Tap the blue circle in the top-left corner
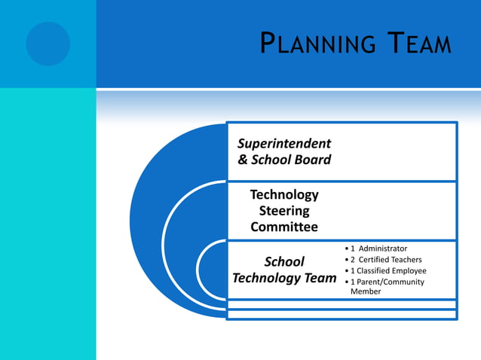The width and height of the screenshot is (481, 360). tap(47, 43)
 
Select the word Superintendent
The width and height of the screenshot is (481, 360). tap(284, 143)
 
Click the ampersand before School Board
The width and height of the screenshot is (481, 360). tap(243, 160)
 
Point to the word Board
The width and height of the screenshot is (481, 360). tap(312, 160)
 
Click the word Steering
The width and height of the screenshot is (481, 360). tap(284, 211)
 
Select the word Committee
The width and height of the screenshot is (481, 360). tap(284, 227)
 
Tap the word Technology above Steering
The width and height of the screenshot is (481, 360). tap(284, 195)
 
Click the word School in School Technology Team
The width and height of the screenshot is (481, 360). tap(284, 262)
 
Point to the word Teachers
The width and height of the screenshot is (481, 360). tap(406, 260)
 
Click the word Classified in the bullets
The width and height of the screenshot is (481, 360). tap(375, 271)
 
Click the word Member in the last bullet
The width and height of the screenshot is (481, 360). tap(366, 291)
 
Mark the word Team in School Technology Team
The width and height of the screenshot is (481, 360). tap(320, 278)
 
